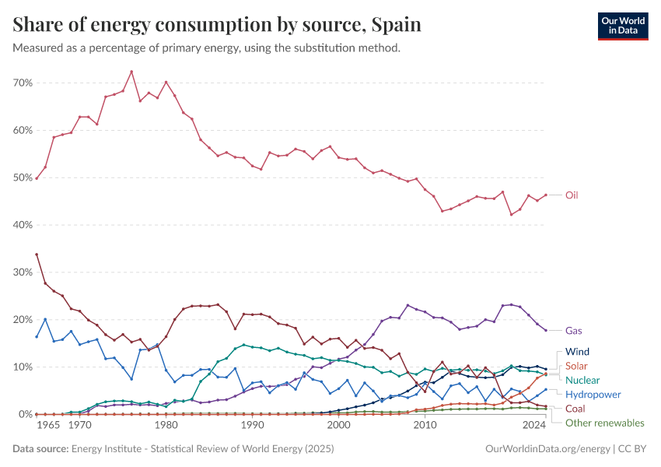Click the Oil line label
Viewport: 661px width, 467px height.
tap(572, 195)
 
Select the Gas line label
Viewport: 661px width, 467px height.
tap(573, 330)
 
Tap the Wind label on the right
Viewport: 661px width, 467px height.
tap(577, 352)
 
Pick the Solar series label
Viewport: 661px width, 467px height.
tap(577, 366)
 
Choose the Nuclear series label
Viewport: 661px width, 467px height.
tap(582, 380)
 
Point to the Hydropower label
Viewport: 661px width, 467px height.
tap(593, 395)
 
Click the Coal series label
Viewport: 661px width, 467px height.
tap(576, 409)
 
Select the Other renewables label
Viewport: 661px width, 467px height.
tap(605, 423)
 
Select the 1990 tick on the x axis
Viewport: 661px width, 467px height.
tap(251, 426)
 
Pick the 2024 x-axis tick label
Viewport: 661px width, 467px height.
tap(534, 426)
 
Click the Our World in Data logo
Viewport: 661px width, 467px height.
tap(622, 25)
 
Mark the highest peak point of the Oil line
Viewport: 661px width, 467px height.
tap(131, 72)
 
